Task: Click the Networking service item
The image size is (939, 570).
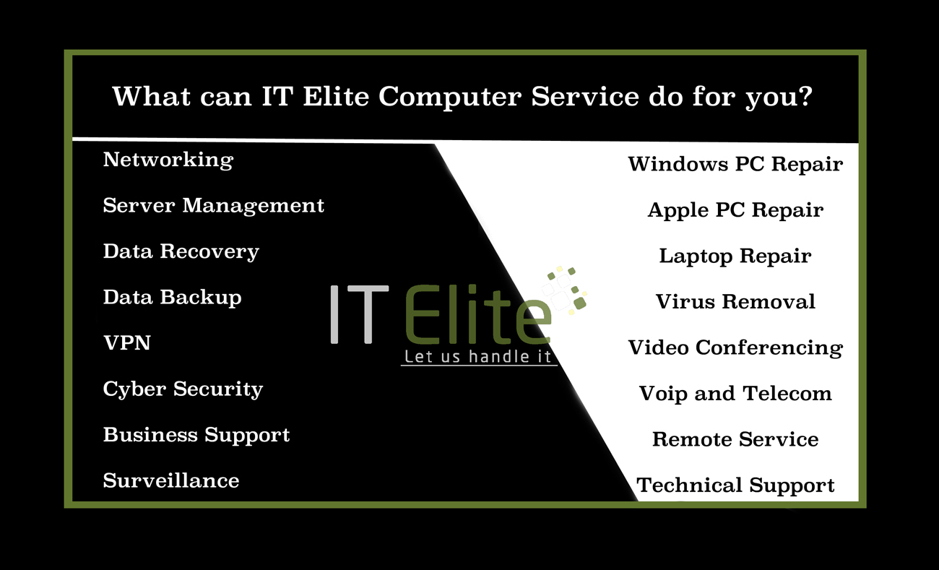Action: [x=168, y=160]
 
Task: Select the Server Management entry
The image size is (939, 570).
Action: [x=213, y=206]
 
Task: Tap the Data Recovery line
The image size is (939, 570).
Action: [x=181, y=252]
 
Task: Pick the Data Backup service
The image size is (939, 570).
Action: [x=173, y=298]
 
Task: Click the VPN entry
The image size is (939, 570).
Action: [x=127, y=343]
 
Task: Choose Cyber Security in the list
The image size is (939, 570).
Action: [x=183, y=389]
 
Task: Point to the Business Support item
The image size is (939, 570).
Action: [x=196, y=435]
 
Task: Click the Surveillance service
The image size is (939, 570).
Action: [x=171, y=480]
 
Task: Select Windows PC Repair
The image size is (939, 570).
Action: [x=735, y=164]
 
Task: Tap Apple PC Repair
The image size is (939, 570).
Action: [x=735, y=210]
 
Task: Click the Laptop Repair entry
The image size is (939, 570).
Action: [x=735, y=256]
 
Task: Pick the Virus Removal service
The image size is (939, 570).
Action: [x=735, y=301]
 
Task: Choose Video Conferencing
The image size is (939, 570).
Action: [x=735, y=348]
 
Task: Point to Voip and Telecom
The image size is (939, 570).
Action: [x=735, y=394]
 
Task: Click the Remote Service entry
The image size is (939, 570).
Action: [x=735, y=439]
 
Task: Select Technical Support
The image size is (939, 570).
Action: [x=735, y=485]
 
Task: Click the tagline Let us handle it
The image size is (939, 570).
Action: [x=477, y=357]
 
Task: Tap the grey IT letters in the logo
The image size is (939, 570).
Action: [x=360, y=314]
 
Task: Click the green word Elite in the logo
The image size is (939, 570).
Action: [x=478, y=314]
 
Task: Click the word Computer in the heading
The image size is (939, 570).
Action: [x=450, y=98]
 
